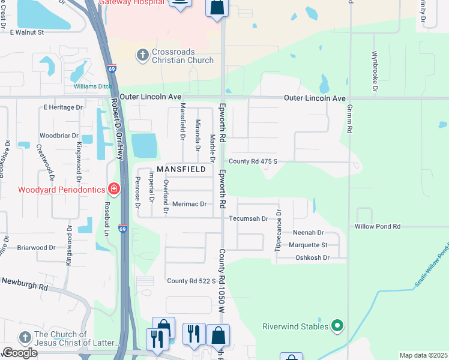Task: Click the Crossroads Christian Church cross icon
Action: (142, 56)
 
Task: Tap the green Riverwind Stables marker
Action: (338, 326)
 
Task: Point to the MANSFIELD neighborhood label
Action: (181, 170)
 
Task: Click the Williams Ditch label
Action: (93, 86)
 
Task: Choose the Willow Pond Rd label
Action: (377, 226)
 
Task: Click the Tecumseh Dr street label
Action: (249, 218)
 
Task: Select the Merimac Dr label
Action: (189, 204)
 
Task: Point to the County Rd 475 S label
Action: (253, 161)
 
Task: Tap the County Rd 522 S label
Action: (191, 281)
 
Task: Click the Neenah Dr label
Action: (308, 232)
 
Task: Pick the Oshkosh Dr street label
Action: (313, 257)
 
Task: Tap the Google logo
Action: (20, 353)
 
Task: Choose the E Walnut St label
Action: (23, 32)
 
